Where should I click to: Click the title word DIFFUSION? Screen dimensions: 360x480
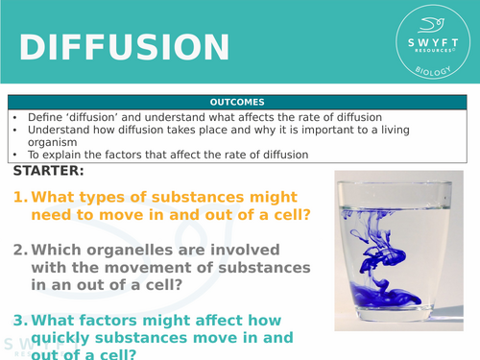[x=125, y=48]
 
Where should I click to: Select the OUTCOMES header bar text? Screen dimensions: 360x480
[x=240, y=102]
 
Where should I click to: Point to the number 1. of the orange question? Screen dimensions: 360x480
[x=19, y=198]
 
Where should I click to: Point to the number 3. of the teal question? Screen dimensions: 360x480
[x=19, y=321]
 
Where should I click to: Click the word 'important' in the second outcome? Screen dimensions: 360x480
[x=309, y=130]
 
